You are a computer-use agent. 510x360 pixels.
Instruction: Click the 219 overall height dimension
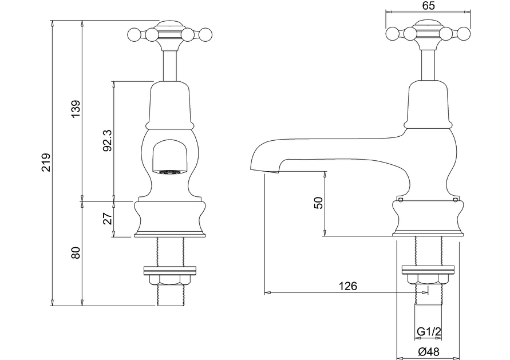pyautogui.click(x=47, y=163)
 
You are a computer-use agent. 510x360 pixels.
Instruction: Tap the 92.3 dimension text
pyautogui.click(x=107, y=140)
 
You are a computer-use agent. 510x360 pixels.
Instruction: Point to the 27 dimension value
pyautogui.click(x=107, y=219)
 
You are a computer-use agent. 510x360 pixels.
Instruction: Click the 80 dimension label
pyautogui.click(x=76, y=252)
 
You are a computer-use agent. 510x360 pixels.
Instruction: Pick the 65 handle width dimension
pyautogui.click(x=429, y=6)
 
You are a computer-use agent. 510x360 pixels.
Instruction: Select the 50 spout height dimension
pyautogui.click(x=319, y=203)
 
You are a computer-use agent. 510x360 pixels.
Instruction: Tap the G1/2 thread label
pyautogui.click(x=428, y=332)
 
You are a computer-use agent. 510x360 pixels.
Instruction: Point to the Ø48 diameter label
pyautogui.click(x=428, y=351)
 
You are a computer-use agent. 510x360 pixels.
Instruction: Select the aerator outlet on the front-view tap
pyautogui.click(x=169, y=171)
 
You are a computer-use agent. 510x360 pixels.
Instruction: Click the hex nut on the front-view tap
pyautogui.click(x=170, y=279)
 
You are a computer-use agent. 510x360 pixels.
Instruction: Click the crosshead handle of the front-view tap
pyautogui.click(x=170, y=33)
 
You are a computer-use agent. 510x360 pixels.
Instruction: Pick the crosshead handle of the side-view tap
pyautogui.click(x=428, y=33)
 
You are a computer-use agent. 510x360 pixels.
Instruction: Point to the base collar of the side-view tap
pyautogui.click(x=428, y=218)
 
